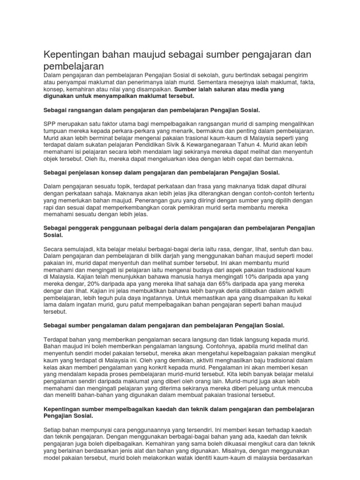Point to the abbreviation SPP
point(51,123)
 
